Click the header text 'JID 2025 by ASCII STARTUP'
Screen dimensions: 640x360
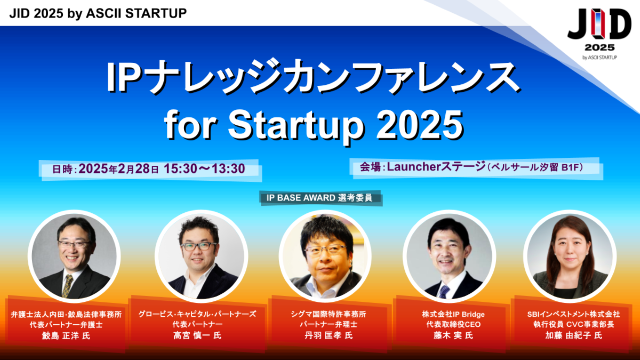(98, 13)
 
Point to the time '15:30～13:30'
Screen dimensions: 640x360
(204, 169)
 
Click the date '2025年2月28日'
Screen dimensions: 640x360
(118, 169)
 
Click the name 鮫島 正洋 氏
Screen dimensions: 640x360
(66, 335)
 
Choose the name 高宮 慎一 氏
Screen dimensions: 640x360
(197, 335)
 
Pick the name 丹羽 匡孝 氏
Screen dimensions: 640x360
(329, 335)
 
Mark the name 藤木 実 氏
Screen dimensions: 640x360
(453, 335)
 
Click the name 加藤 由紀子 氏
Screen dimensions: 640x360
(574, 335)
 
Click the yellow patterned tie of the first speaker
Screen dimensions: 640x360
(68, 286)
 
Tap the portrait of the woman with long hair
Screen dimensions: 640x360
(570, 257)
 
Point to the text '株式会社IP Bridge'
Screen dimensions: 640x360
(453, 314)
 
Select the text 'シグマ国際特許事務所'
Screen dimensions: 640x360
(329, 314)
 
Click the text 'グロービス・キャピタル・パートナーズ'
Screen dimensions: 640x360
(197, 314)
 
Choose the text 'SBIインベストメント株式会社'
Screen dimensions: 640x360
(574, 314)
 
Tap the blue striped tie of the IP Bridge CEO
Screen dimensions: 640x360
(444, 291)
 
